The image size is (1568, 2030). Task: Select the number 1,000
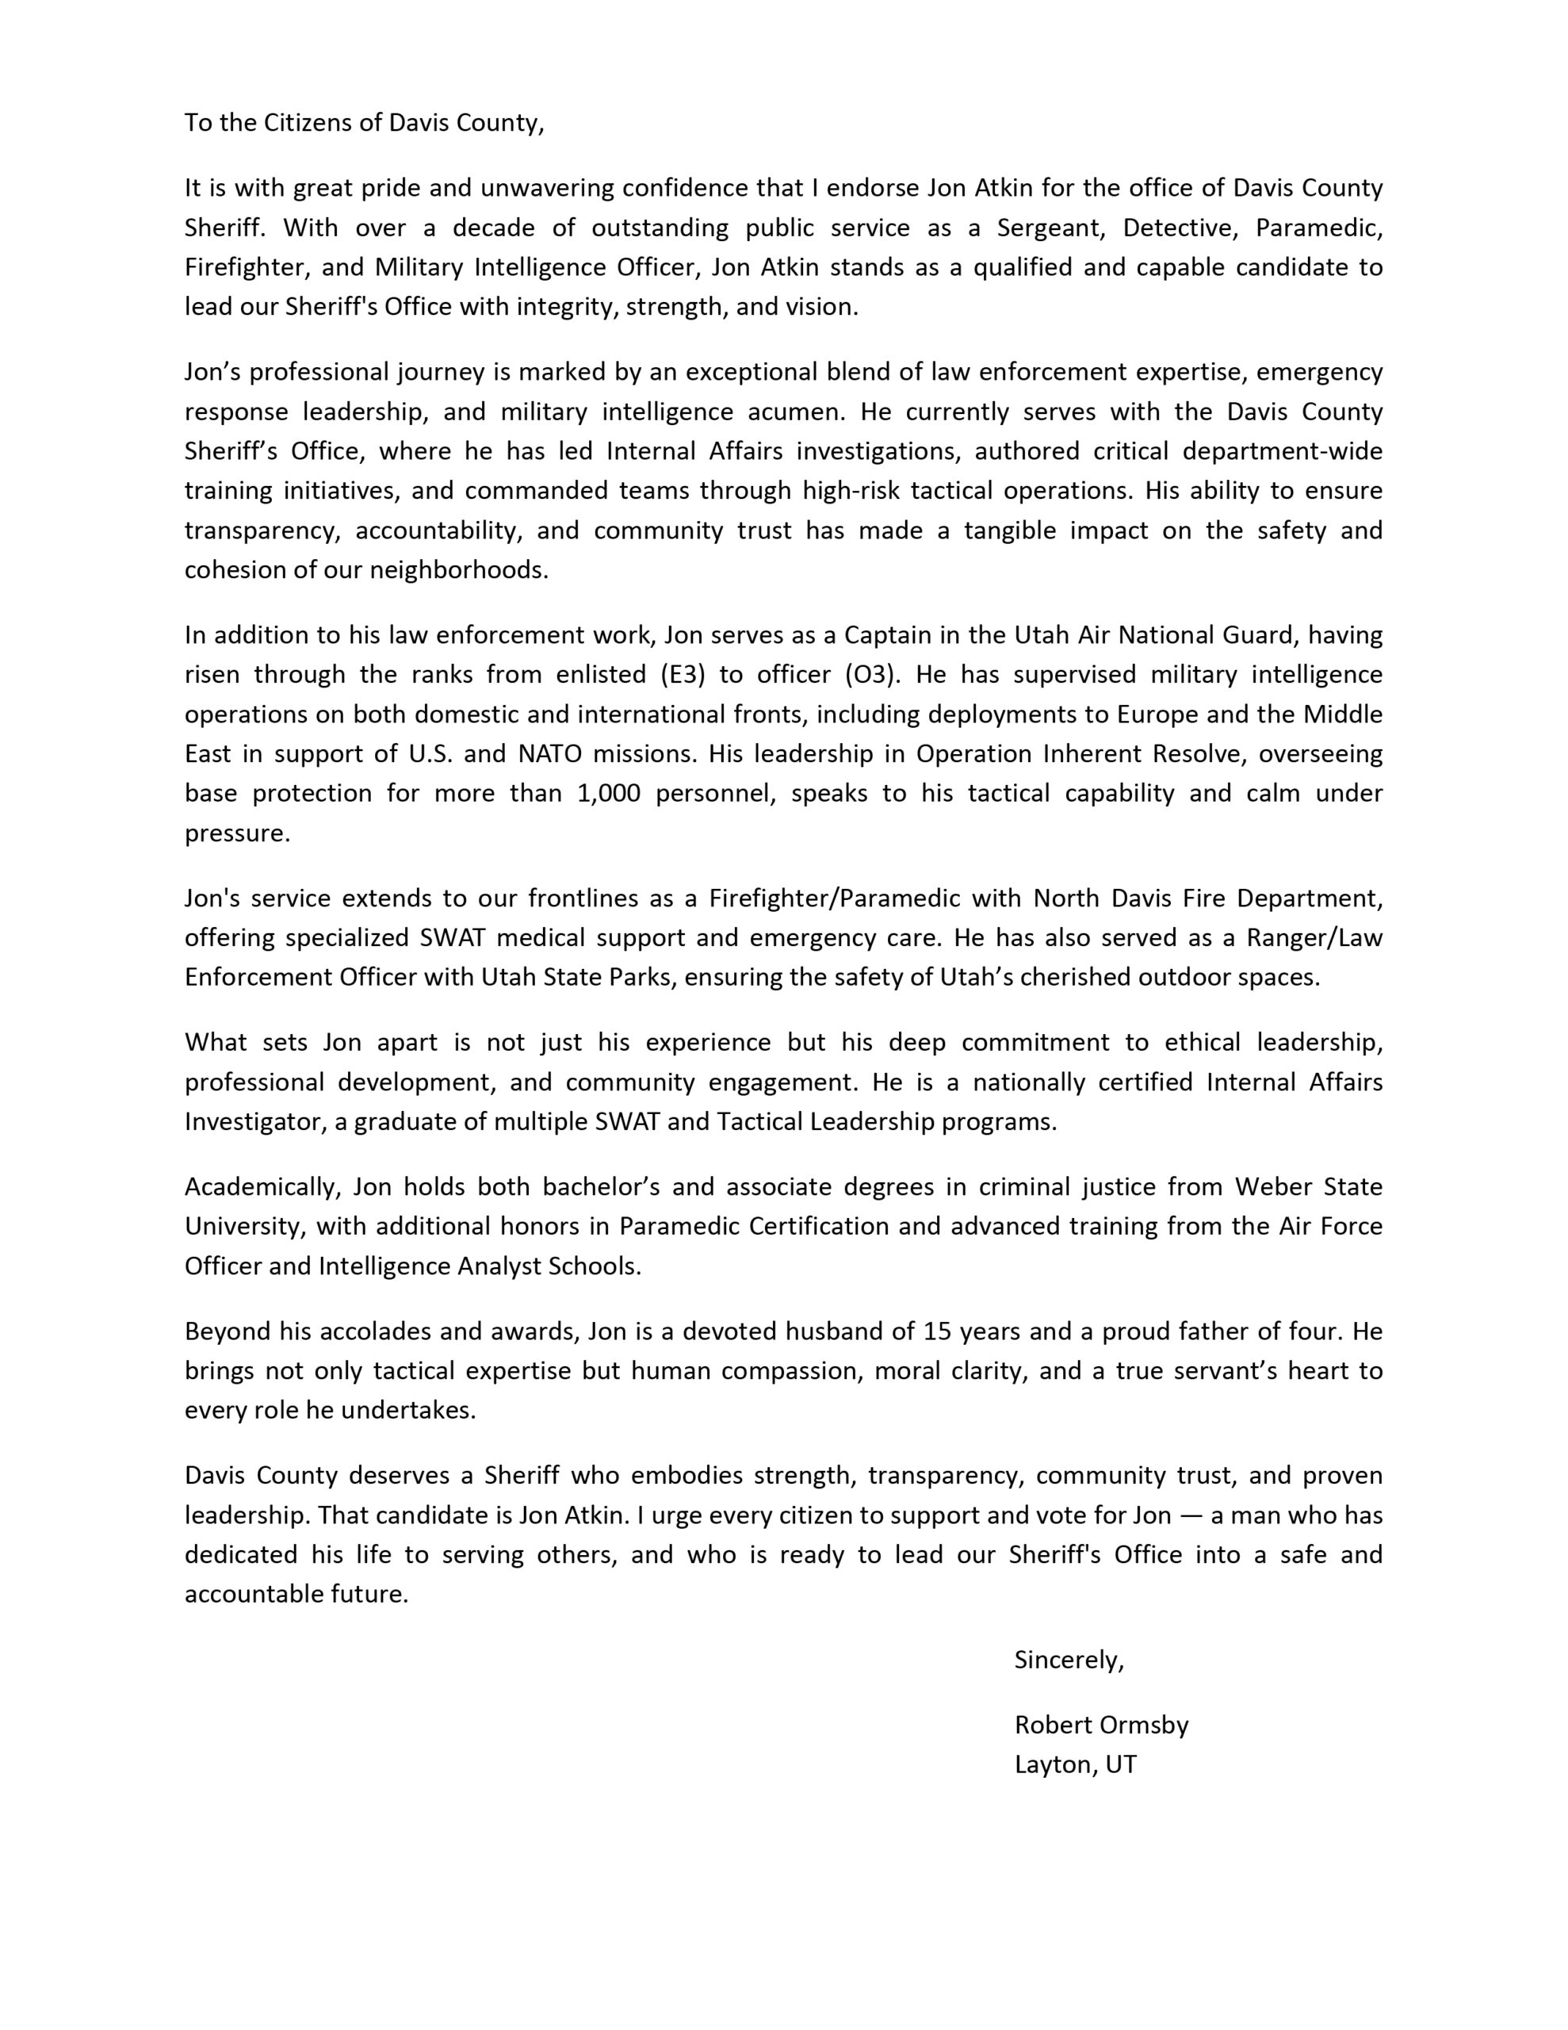(x=609, y=794)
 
